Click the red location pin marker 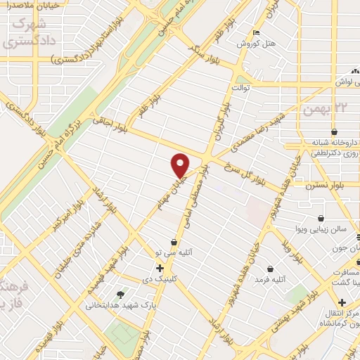181,164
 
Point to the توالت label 241,87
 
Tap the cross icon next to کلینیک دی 160,268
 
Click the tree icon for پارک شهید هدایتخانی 120,295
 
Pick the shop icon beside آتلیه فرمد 271,268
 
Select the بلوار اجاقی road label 111,122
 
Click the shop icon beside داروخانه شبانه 333,132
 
